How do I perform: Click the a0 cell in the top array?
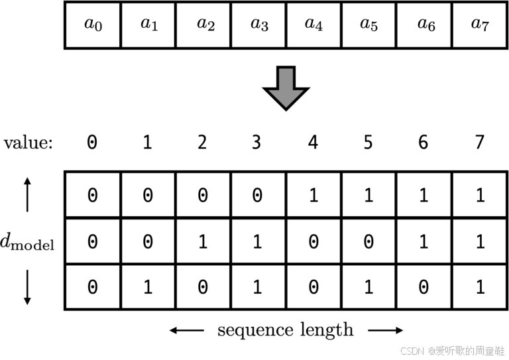pos(92,25)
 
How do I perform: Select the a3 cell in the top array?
pos(258,25)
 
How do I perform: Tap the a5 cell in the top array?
pos(368,25)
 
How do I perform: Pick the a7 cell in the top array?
pos(479,25)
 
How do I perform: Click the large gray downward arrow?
pos(286,88)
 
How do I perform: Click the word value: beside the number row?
pos(28,143)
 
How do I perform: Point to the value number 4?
pos(313,142)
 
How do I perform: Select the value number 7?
pos(480,142)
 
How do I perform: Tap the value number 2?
pos(202,142)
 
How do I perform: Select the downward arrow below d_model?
pos(27,288)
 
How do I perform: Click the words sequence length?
pos(286,330)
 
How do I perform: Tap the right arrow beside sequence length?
pos(386,330)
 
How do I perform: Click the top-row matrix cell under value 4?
pos(313,195)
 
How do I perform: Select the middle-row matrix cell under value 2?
pos(202,241)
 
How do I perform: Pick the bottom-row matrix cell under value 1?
pos(147,286)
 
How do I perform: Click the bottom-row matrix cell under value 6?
pos(424,286)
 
